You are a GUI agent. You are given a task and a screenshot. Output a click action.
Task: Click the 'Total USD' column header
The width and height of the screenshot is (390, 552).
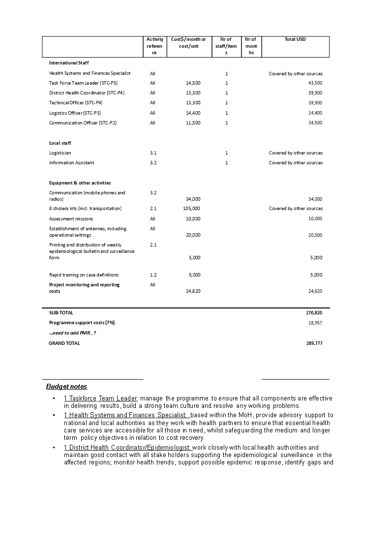pyautogui.click(x=295, y=39)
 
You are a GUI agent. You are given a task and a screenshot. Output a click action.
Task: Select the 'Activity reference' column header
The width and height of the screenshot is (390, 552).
pyautogui.click(x=155, y=46)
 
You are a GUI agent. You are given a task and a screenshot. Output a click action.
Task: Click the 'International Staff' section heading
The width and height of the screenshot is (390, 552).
pyautogui.click(x=69, y=63)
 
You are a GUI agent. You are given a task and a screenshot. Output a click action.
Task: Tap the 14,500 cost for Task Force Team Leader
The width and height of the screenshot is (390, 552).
pyautogui.click(x=193, y=83)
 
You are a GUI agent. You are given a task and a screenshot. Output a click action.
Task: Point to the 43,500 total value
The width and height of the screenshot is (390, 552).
pyautogui.click(x=315, y=83)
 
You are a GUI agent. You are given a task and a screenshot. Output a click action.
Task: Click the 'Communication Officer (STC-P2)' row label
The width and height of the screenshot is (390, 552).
pyautogui.click(x=83, y=123)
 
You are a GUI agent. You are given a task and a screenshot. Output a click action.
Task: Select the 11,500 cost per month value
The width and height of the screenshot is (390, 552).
pyautogui.click(x=193, y=123)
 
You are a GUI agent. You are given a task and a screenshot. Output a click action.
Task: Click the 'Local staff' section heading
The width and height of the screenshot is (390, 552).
pyautogui.click(x=60, y=143)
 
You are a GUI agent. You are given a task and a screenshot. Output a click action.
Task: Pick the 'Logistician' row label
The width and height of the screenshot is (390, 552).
pyautogui.click(x=60, y=153)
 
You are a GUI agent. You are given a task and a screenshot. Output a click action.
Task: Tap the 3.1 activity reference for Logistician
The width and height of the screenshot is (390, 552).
pyautogui.click(x=153, y=153)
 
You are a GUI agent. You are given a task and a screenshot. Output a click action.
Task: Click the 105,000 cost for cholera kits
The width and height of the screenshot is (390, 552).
pyautogui.click(x=191, y=209)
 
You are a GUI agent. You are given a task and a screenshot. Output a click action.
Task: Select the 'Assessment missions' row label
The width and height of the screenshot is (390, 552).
pyautogui.click(x=71, y=219)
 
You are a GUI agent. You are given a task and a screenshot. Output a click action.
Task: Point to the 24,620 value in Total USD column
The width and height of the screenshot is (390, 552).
pyautogui.click(x=315, y=291)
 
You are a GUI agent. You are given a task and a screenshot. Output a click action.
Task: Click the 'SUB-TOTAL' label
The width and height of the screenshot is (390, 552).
pyautogui.click(x=61, y=312)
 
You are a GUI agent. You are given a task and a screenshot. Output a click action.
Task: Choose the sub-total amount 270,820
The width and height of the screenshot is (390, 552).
pyautogui.click(x=314, y=312)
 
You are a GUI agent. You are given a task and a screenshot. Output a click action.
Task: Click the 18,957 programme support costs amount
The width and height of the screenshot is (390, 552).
pyautogui.click(x=315, y=323)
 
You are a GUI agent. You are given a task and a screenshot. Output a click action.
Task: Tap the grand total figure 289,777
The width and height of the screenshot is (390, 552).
pyautogui.click(x=314, y=343)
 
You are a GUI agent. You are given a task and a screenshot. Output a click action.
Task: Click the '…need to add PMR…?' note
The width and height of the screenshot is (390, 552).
pyautogui.click(x=72, y=333)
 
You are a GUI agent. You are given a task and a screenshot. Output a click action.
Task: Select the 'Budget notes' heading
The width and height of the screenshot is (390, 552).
pyautogui.click(x=66, y=387)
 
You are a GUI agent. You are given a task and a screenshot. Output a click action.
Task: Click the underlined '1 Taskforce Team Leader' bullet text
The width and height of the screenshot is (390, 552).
pyautogui.click(x=101, y=399)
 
